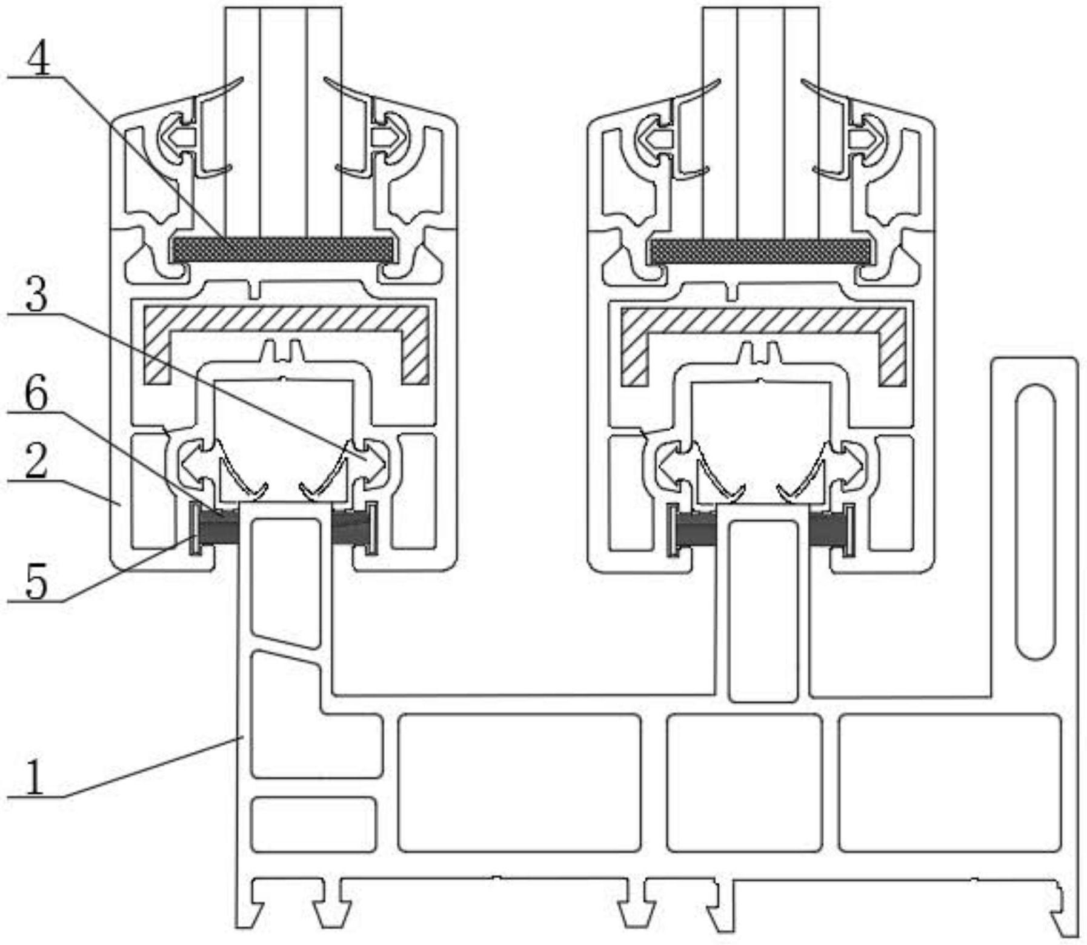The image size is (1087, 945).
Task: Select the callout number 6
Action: coord(36,393)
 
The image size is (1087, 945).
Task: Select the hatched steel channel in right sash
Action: coord(764,319)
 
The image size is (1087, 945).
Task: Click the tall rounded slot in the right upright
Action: coord(1035,521)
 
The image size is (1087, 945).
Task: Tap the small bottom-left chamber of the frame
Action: coord(314,824)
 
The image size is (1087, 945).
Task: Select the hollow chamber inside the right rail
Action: coord(763,611)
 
